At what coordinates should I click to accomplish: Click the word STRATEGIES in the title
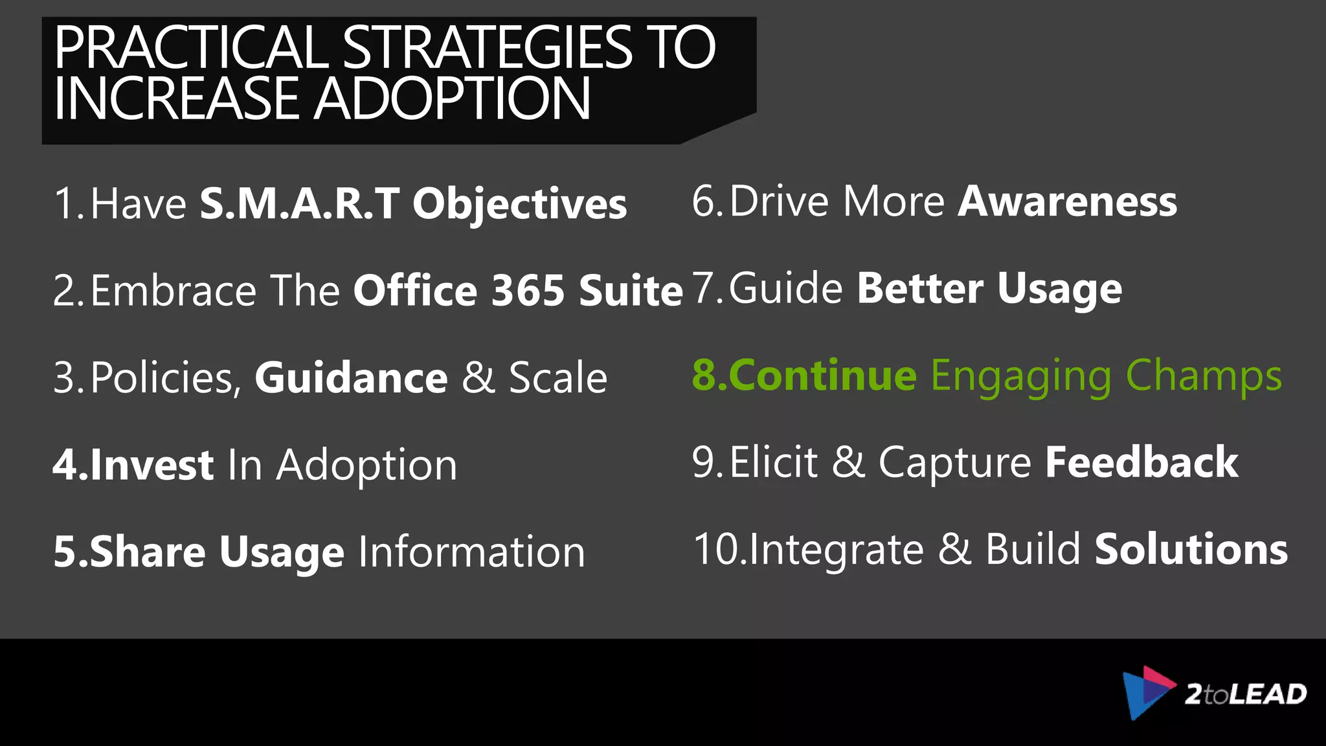[x=487, y=48]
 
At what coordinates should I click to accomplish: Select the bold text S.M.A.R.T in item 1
[x=299, y=204]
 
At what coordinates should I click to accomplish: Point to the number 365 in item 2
[x=528, y=290]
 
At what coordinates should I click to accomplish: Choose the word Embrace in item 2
[x=174, y=290]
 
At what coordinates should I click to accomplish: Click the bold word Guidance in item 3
[x=351, y=378]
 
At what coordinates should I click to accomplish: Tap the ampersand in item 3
[x=478, y=378]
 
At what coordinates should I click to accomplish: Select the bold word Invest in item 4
[x=152, y=465]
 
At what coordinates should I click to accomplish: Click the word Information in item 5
[x=471, y=552]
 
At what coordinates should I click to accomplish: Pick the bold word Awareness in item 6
[x=1067, y=201]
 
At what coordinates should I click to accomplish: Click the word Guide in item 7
[x=786, y=288]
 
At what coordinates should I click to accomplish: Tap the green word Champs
[x=1204, y=376]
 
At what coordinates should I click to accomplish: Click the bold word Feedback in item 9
[x=1141, y=462]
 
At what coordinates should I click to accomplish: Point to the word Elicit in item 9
[x=774, y=462]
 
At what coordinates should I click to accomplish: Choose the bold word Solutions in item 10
[x=1191, y=549]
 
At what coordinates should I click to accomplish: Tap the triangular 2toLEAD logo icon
[x=1146, y=692]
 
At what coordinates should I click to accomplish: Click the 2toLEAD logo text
[x=1245, y=694]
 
